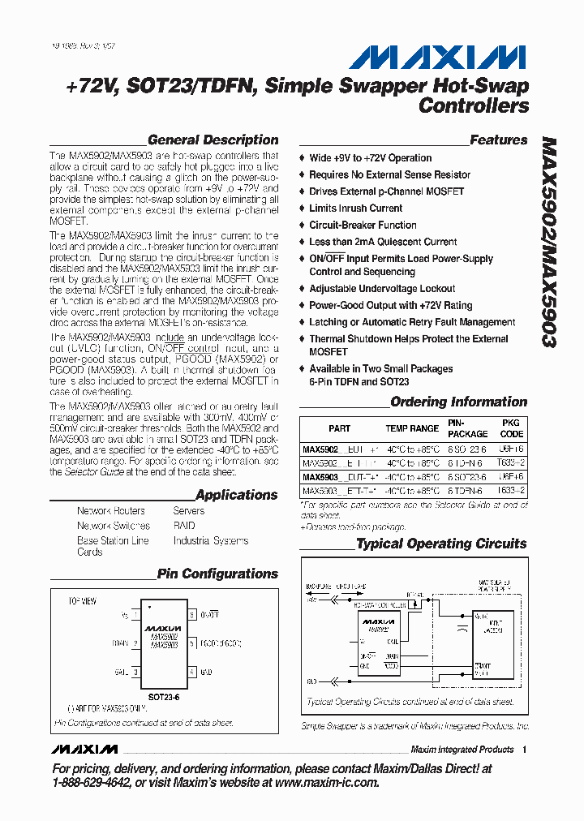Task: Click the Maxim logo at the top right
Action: (x=437, y=57)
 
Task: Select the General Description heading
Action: (x=213, y=140)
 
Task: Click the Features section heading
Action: (x=498, y=140)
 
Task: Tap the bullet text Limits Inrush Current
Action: (x=355, y=208)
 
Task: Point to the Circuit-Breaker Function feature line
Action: (x=363, y=225)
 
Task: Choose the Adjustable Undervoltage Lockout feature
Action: (x=382, y=289)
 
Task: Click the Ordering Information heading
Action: (x=458, y=402)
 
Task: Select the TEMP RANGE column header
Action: (x=412, y=428)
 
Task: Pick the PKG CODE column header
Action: (x=512, y=428)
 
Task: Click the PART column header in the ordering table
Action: (x=340, y=428)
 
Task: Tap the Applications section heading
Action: (x=236, y=494)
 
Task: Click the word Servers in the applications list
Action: (x=189, y=511)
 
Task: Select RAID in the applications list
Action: (x=184, y=526)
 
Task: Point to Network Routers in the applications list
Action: (x=111, y=511)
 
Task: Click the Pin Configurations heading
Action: (x=217, y=574)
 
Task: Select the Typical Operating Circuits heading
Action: (x=441, y=544)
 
